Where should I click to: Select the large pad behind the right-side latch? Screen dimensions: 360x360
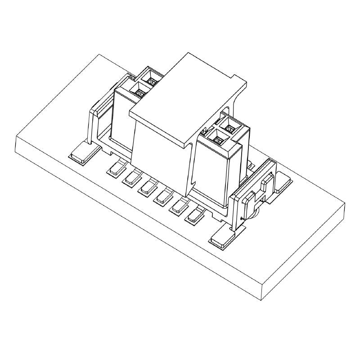(x=283, y=180)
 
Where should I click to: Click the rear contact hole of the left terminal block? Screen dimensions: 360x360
(x=152, y=81)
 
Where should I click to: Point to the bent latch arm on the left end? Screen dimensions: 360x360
(x=95, y=121)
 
